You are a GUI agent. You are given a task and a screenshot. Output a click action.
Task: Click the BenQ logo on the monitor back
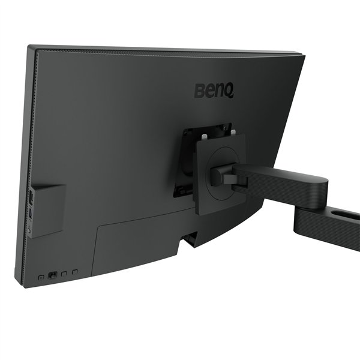pyautogui.click(x=214, y=91)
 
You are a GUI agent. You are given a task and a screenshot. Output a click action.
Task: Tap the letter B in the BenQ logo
pyautogui.click(x=199, y=92)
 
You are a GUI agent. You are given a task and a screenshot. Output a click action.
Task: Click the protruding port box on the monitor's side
pyautogui.click(x=48, y=210)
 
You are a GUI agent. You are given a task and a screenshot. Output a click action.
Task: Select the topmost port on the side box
pyautogui.click(x=30, y=196)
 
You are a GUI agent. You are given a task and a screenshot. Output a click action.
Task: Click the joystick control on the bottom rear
pyautogui.click(x=52, y=275)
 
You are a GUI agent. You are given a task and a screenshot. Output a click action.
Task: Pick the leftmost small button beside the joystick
pyautogui.click(x=41, y=277)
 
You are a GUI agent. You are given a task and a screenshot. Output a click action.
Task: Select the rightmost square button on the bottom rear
pyautogui.click(x=75, y=272)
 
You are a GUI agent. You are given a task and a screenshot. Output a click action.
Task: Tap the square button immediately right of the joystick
pyautogui.click(x=64, y=274)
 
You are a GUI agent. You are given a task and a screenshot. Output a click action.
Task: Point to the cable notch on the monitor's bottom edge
pyautogui.click(x=190, y=239)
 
